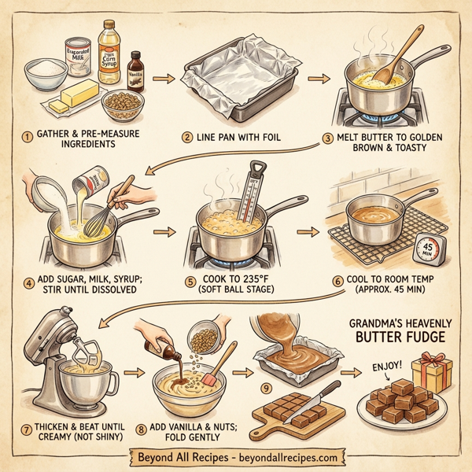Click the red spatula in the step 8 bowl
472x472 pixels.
[x=212, y=377]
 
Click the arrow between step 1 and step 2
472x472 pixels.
[x=162, y=79]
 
